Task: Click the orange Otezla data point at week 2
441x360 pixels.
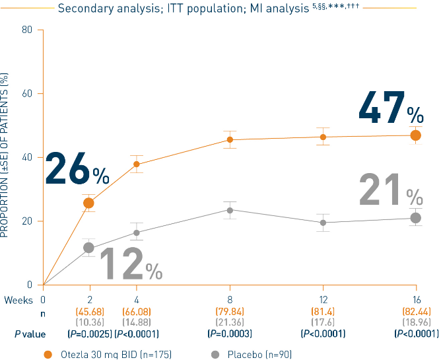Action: click(88, 203)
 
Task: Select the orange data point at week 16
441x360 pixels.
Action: click(415, 135)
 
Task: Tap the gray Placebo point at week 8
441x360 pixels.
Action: click(230, 210)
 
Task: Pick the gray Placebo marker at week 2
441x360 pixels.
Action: click(88, 248)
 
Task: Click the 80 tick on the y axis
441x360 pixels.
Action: click(27, 30)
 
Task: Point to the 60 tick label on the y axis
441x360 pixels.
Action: click(27, 94)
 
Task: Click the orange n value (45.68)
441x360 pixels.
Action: click(88, 311)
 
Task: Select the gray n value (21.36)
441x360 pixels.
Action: click(230, 322)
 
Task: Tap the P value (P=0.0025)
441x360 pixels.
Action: click(88, 334)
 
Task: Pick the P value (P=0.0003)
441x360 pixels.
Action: click(230, 334)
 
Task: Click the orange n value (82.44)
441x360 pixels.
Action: click(415, 311)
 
